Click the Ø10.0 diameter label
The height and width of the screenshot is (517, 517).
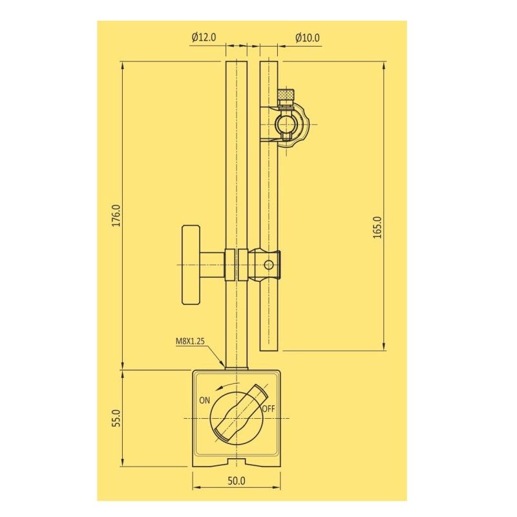pos(307,38)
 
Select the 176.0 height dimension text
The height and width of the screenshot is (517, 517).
pos(116,216)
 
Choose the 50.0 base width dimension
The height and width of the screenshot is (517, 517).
pos(237,480)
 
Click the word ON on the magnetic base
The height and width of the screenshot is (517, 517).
pos(204,399)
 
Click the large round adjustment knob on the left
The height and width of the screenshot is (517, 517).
pos(191,264)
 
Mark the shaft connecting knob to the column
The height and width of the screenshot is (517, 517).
pos(212,264)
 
